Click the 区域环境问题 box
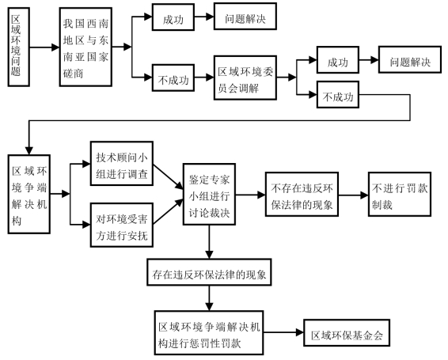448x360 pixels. coord(18,47)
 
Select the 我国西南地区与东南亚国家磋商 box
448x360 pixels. coord(85,47)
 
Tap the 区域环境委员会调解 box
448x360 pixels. coord(245,78)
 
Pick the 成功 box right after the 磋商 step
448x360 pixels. coord(173,17)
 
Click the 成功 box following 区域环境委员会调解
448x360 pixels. coord(338,60)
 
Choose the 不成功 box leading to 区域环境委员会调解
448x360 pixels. coord(173,78)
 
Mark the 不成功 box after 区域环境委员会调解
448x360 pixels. coord(338,95)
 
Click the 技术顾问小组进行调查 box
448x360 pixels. coord(122,164)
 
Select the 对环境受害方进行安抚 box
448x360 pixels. coord(122,225)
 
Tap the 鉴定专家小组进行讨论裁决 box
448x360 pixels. coord(209,195)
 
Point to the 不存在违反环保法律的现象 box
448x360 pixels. coord(302,195)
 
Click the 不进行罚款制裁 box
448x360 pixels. coord(400,195)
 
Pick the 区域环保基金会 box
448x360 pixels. coord(347,333)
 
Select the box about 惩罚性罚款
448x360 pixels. coord(209,333)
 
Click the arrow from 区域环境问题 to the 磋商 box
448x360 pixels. coord(44,47)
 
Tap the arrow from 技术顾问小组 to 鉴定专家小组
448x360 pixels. coord(168,176)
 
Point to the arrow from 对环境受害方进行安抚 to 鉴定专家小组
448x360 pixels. coord(168,211)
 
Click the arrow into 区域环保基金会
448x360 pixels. coord(283,332)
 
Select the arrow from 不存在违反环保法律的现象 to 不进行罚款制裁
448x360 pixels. coord(353,195)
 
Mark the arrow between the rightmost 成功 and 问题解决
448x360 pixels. coord(369,60)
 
